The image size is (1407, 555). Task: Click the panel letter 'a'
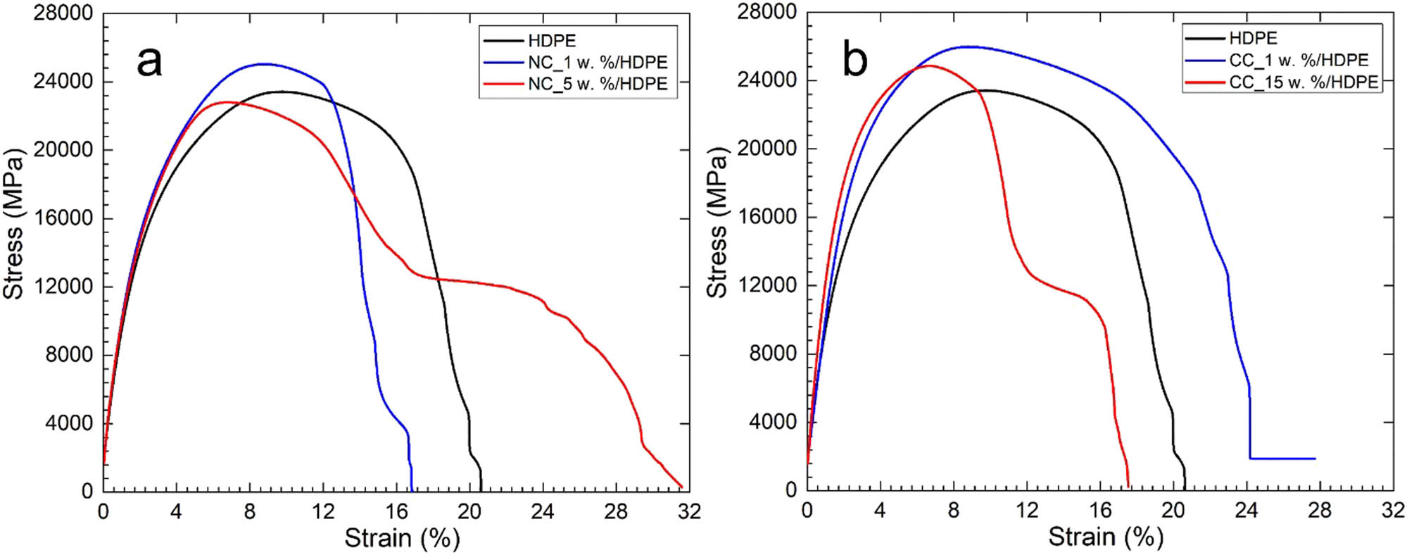pos(150,61)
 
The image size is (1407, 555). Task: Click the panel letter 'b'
pos(855,61)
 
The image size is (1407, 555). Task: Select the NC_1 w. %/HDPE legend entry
pos(597,63)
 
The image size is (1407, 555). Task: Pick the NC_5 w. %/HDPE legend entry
pos(597,84)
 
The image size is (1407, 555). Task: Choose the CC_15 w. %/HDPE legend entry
pos(1303,82)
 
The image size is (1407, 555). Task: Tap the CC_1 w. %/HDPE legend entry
pos(1299,60)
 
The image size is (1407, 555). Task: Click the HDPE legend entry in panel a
pos(552,41)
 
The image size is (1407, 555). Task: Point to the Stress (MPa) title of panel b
pos(717,223)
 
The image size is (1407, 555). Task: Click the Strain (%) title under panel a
pos(402,539)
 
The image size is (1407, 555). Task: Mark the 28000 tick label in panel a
pos(63,13)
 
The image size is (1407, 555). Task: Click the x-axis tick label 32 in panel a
pos(689,511)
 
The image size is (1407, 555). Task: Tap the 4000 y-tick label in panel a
pos(69,423)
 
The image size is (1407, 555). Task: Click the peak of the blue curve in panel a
pos(264,64)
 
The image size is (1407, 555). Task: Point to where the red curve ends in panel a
pos(681,486)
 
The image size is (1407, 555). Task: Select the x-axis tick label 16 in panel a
pos(396,511)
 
